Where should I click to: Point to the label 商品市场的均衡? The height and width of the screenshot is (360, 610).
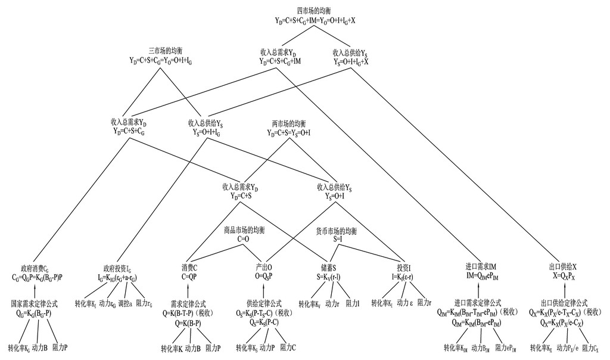pyautogui.click(x=244, y=230)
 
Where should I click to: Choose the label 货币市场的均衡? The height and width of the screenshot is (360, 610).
pyautogui.click(x=336, y=230)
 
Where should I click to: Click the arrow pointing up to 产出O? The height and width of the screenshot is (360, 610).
pyautogui.click(x=264, y=290)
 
